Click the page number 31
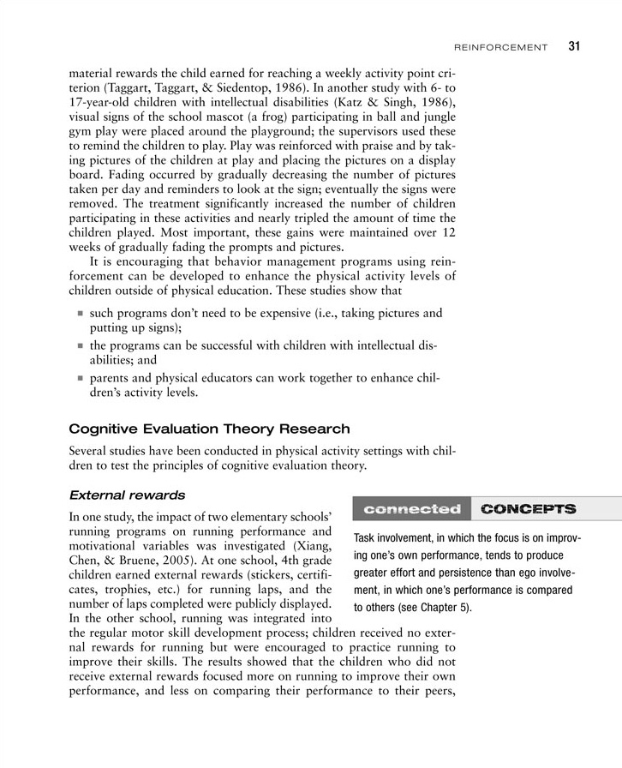pyautogui.click(x=574, y=46)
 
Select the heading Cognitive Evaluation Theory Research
pyautogui.click(x=209, y=429)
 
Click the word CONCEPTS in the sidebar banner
pyautogui.click(x=528, y=508)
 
